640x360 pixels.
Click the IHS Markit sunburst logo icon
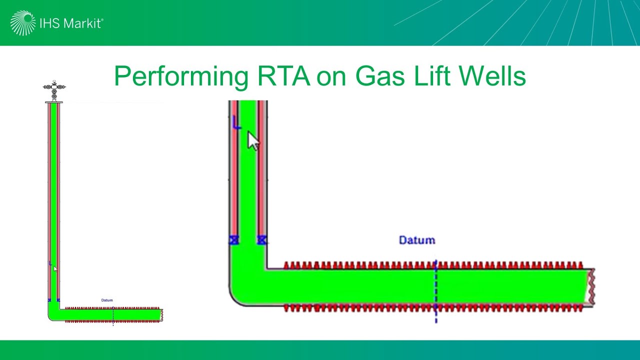(22, 23)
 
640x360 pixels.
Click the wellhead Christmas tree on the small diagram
(54, 90)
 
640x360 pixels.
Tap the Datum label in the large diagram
(417, 240)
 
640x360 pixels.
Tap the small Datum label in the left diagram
(107, 300)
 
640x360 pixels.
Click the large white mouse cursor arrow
(253, 140)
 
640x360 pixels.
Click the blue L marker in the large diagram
(236, 122)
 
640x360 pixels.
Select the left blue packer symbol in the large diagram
(233, 240)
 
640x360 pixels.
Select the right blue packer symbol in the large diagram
(261, 240)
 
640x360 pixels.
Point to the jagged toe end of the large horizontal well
(590, 286)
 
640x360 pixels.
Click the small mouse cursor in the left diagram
(55, 269)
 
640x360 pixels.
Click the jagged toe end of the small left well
(161, 315)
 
